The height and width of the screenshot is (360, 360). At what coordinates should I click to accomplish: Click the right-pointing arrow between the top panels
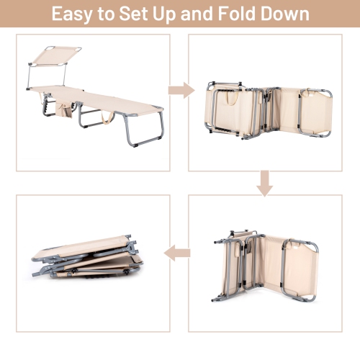[181, 90]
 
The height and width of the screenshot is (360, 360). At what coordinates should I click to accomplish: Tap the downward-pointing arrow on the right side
[265, 184]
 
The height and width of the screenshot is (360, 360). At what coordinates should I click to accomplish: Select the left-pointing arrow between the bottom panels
[177, 253]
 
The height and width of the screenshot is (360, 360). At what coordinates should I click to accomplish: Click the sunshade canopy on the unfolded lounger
[57, 56]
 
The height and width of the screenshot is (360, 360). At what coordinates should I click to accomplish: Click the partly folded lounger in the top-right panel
[269, 111]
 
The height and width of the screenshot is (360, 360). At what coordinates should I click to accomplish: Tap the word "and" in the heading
[197, 14]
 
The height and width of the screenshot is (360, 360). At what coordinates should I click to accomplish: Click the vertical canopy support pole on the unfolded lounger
[28, 76]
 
